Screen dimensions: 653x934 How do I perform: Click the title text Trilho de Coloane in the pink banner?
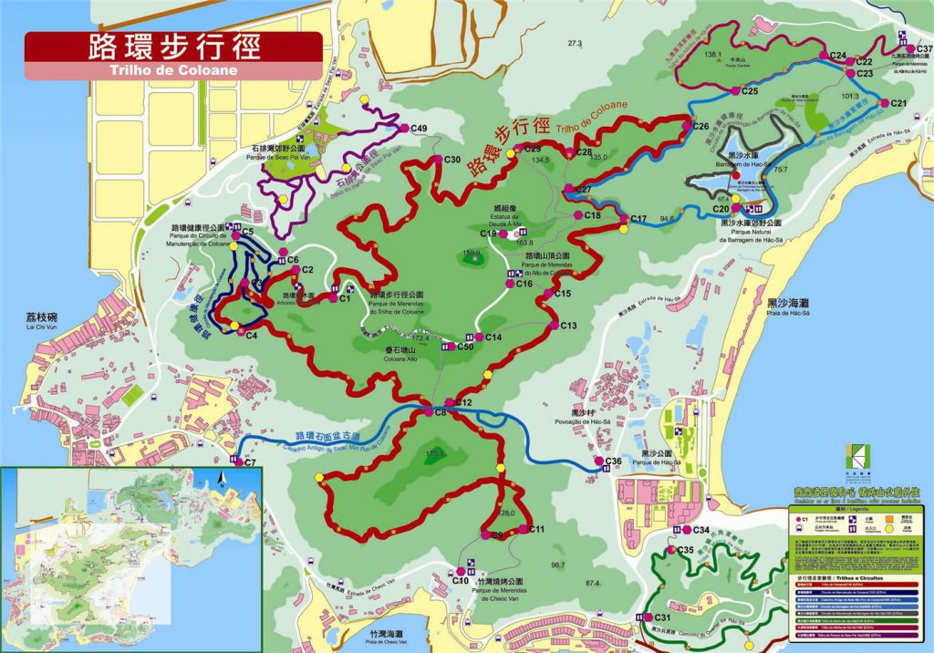[173, 69]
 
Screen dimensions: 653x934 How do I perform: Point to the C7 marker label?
[249, 462]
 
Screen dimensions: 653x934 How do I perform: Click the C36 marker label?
[613, 461]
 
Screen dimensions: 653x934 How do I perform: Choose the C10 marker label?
[460, 580]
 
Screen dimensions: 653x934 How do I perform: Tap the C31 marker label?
[663, 618]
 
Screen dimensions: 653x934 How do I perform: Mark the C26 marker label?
[700, 126]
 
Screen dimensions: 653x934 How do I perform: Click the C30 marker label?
[451, 160]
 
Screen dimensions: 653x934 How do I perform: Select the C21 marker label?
[898, 103]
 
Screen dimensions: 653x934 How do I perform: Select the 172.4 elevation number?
[420, 337]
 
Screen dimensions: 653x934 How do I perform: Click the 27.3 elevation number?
[574, 43]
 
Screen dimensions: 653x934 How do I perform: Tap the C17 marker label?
[638, 219]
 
